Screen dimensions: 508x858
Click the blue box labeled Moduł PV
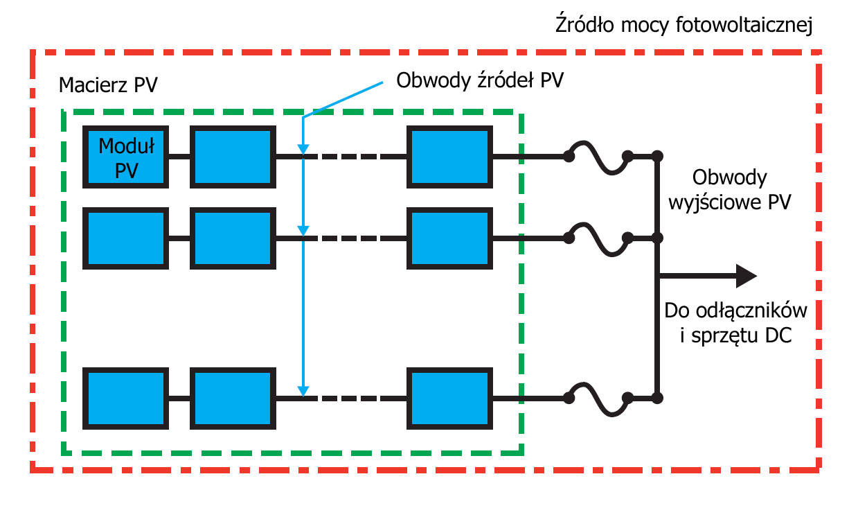pyautogui.click(x=125, y=157)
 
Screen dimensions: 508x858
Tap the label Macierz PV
pyautogui.click(x=109, y=86)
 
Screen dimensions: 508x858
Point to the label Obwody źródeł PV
pyautogui.click(x=479, y=80)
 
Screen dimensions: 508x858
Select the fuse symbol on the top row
pyautogui.click(x=598, y=157)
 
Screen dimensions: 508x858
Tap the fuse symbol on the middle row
pyautogui.click(x=598, y=238)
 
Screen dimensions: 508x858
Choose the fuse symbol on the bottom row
pyautogui.click(x=598, y=398)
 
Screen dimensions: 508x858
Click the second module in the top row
pyautogui.click(x=233, y=157)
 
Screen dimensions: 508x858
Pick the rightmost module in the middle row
pyautogui.click(x=449, y=238)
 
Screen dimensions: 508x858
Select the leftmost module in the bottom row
pyautogui.click(x=125, y=398)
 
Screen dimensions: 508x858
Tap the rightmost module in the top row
pyautogui.click(x=449, y=157)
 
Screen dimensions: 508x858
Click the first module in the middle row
pyautogui.click(x=125, y=238)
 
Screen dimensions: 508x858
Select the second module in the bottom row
pyautogui.click(x=233, y=398)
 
